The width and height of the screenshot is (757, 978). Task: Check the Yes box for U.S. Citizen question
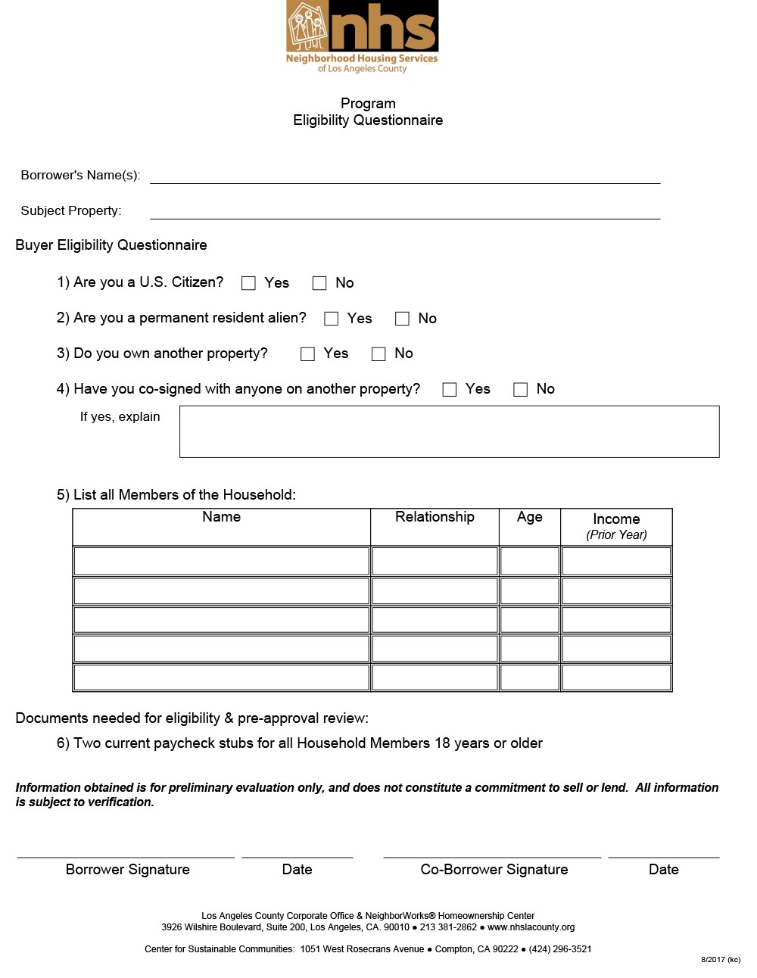point(248,283)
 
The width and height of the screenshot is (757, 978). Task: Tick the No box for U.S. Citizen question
point(319,283)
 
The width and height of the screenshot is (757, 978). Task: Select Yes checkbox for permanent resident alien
point(331,319)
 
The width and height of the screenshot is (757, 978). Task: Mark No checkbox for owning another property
point(378,354)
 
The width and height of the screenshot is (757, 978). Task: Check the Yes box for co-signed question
point(450,389)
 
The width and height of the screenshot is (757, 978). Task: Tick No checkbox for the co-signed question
point(520,389)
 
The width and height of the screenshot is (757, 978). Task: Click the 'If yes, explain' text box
point(449,431)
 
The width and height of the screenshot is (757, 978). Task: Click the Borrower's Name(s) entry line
point(405,176)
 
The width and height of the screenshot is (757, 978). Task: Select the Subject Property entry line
point(405,211)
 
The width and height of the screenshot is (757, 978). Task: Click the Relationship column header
point(435,517)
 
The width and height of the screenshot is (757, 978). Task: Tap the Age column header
point(530,517)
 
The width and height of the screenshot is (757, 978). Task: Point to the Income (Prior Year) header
point(616,526)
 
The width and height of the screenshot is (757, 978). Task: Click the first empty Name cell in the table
point(221,561)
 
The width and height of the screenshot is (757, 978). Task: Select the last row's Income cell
point(616,677)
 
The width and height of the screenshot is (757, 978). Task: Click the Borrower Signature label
point(128,870)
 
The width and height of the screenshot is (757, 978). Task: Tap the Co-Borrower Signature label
point(494,870)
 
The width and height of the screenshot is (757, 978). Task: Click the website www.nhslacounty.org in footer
point(531,927)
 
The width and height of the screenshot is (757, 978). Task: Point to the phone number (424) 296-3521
point(560,949)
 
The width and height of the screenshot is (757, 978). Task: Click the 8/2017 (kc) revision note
point(720,960)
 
